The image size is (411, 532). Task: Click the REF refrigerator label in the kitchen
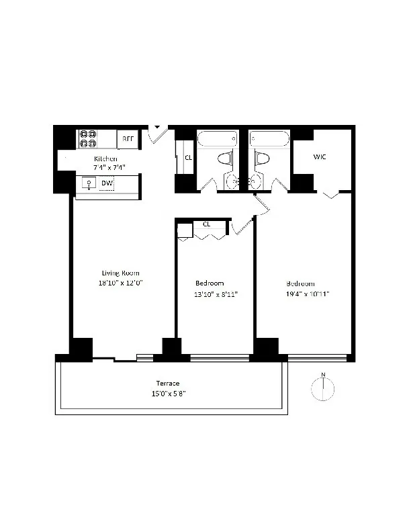tap(128, 140)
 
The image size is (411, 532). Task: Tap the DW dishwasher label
tap(107, 183)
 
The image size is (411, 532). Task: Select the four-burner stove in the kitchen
tap(88, 138)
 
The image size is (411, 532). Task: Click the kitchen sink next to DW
tap(88, 183)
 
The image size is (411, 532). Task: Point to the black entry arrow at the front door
tap(157, 126)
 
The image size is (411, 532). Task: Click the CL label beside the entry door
tap(188, 158)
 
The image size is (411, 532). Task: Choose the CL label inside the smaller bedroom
tap(206, 224)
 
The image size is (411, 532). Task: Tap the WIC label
tap(320, 157)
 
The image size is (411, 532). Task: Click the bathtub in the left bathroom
tap(216, 139)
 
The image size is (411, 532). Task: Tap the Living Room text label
tap(121, 273)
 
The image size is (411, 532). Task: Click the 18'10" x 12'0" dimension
tap(121, 283)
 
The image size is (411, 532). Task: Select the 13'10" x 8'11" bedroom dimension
tap(216, 294)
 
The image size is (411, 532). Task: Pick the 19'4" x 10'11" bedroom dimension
tap(308, 294)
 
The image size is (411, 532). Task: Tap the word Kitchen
tap(105, 159)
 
